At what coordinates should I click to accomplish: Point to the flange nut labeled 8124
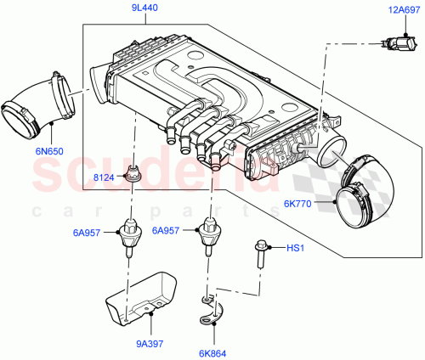tap(133, 176)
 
